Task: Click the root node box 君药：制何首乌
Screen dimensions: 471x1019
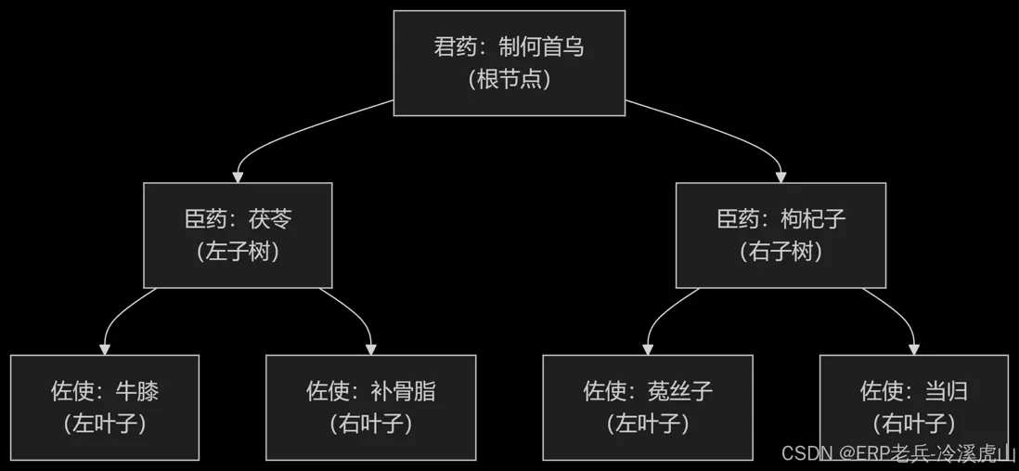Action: tap(509, 63)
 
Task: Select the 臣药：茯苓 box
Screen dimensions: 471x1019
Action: tap(238, 234)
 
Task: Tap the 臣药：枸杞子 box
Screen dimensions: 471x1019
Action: tap(780, 234)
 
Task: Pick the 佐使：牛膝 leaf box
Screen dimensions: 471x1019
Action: tap(105, 407)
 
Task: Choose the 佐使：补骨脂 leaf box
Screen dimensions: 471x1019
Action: tap(370, 407)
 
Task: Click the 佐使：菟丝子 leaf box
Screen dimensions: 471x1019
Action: tap(647, 407)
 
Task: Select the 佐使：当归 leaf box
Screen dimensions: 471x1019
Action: tap(913, 407)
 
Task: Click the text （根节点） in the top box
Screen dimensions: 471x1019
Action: tap(509, 79)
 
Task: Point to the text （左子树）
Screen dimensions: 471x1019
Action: tap(238, 251)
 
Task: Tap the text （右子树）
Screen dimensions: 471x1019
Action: tap(780, 251)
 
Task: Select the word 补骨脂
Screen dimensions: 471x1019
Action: tap(396, 391)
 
